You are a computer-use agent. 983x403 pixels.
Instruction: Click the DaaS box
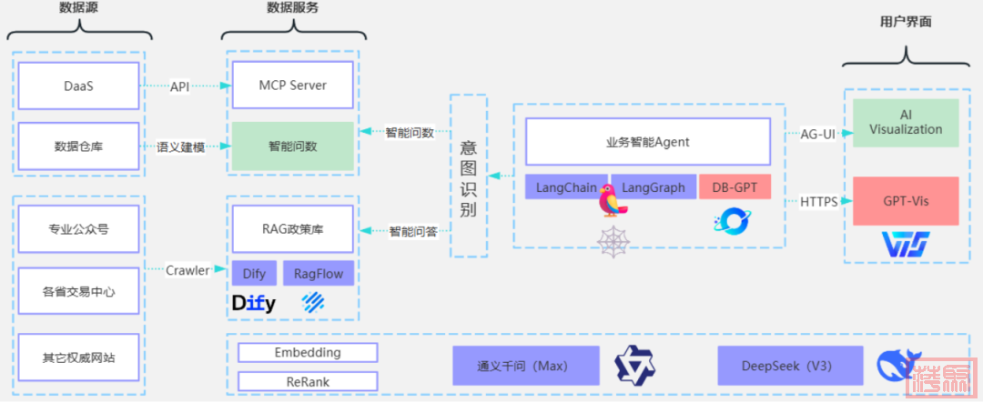(78, 86)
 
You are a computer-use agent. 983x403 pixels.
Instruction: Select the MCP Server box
(292, 86)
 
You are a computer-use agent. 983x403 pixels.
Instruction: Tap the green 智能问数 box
(292, 146)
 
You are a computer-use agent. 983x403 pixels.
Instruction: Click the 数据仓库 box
(78, 146)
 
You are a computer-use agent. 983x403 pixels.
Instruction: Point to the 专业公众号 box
(78, 229)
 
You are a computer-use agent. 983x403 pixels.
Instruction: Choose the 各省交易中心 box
(78, 292)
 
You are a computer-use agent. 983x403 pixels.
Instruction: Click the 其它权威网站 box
(78, 358)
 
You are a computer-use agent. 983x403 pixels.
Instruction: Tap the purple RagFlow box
(318, 273)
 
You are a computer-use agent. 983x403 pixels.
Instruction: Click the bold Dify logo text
(254, 304)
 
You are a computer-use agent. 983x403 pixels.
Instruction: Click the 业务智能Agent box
(647, 142)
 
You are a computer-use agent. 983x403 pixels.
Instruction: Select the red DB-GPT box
(735, 187)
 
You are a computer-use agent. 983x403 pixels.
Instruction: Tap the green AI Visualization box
(905, 122)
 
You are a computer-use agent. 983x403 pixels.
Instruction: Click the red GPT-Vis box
(905, 201)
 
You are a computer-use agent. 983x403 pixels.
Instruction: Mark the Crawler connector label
(187, 270)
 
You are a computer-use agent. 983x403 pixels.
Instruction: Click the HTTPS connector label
(818, 202)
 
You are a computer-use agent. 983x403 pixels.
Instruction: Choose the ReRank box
(308, 381)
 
